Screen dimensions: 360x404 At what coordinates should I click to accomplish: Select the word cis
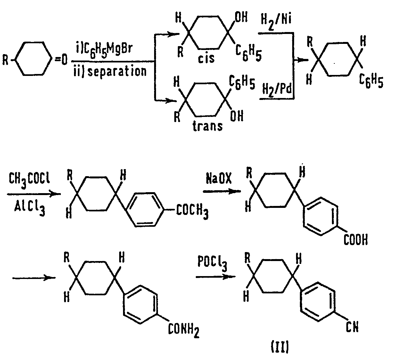pyautogui.click(x=207, y=59)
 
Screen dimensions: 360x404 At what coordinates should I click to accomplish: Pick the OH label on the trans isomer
pyautogui.click(x=237, y=116)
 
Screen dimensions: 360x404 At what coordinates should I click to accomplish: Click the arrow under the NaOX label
pyautogui.click(x=221, y=191)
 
